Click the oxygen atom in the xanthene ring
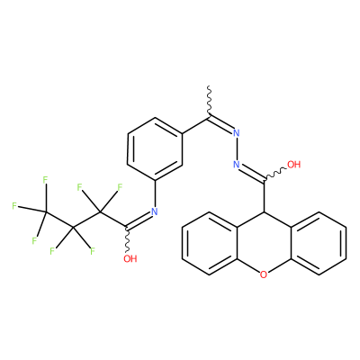pos(264,274)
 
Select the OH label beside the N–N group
pos(293,165)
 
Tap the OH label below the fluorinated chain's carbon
pos(130,258)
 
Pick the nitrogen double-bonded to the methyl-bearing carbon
pos(237,133)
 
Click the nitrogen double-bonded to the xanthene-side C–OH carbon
pos(237,165)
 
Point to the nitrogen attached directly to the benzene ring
pos(155,211)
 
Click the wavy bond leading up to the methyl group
pos(210,102)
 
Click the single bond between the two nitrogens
pos(237,148)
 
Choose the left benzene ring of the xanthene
pos(209,243)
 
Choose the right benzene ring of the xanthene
pos(319,243)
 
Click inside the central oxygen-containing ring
pos(264,243)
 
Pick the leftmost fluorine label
pos(14,206)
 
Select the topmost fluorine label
pos(45,180)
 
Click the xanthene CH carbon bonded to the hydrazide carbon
pos(264,211)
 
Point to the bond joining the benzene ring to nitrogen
pos(155,193)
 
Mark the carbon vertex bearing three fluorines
pos(46,212)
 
